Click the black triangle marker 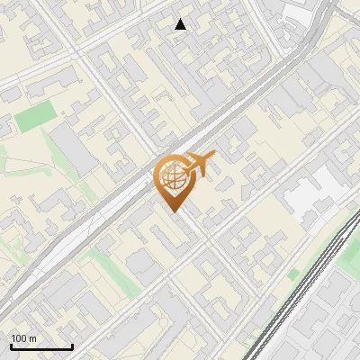pos(181,24)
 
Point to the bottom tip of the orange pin pos(172,211)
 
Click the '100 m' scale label pos(23,338)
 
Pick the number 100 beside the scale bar pos(18,338)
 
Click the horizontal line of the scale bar pos(41,347)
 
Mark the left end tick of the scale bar pos(11,346)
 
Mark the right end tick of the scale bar pos(72,346)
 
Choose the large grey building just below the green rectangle pos(72,148)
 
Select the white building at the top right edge pos(301,11)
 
